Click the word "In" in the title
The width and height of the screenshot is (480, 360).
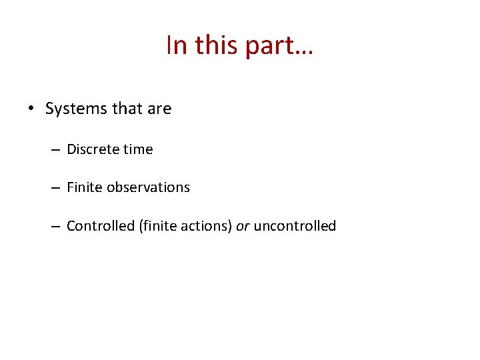(177, 45)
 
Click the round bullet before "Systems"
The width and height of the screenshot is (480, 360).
(31, 109)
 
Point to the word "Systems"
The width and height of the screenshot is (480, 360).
(71, 109)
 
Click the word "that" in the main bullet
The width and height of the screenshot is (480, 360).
(122, 109)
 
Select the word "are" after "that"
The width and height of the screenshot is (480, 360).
(159, 109)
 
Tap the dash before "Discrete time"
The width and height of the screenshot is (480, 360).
(55, 150)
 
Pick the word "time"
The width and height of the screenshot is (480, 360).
(138, 149)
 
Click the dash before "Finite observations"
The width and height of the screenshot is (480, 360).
(55, 188)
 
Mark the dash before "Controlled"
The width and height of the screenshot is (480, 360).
(55, 227)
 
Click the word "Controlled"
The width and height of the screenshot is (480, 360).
(101, 226)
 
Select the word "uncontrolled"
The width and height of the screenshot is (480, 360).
(295, 226)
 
